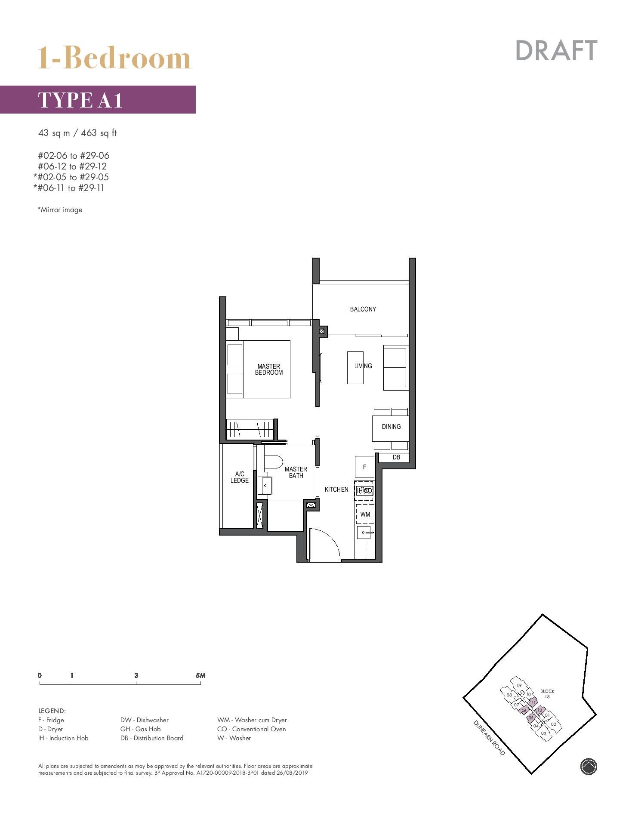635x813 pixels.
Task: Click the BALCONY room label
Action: point(363,309)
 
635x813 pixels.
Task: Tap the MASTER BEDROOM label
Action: point(269,370)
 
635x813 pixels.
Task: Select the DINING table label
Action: point(391,427)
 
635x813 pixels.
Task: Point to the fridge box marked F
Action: point(364,467)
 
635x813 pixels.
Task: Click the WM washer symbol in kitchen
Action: point(365,514)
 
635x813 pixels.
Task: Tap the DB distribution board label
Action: point(396,457)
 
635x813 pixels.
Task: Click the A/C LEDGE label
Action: point(240,477)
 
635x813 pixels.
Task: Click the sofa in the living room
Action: point(395,368)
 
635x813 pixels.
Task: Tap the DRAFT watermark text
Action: point(556,51)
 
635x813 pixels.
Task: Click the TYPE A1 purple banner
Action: point(98,100)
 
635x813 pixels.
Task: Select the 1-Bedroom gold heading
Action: point(114,58)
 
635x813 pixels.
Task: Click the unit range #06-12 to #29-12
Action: point(72,166)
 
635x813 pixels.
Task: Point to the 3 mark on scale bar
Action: point(136,675)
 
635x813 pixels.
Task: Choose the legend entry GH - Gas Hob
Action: point(140,729)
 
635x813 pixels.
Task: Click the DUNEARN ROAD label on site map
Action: point(489,737)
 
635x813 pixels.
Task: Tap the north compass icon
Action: point(588,766)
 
